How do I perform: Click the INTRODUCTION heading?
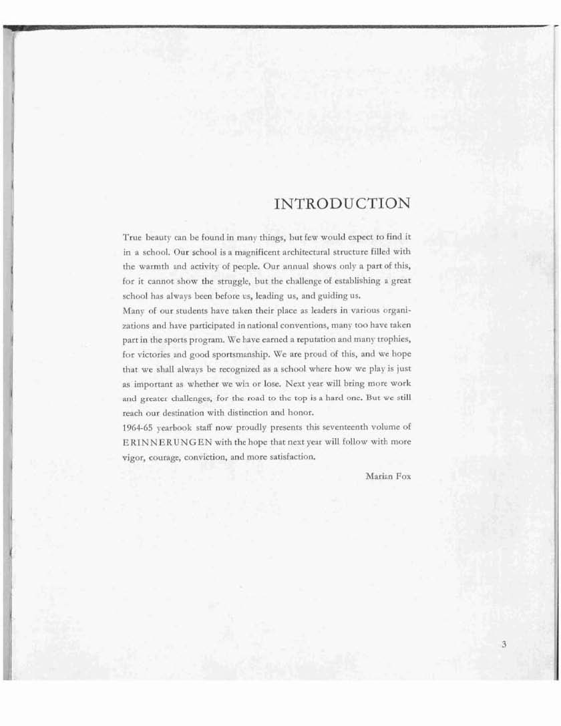pos(342,203)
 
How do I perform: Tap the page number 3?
pos(504,645)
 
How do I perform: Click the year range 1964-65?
pos(138,427)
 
